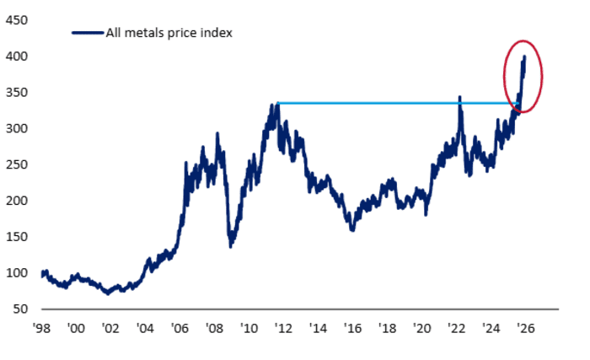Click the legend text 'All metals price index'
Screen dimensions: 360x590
(x=169, y=33)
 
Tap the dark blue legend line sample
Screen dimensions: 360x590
(x=87, y=33)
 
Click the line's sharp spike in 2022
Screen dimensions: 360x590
(x=459, y=97)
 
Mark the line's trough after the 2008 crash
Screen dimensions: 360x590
(x=231, y=245)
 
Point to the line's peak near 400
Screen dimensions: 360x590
(x=525, y=57)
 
